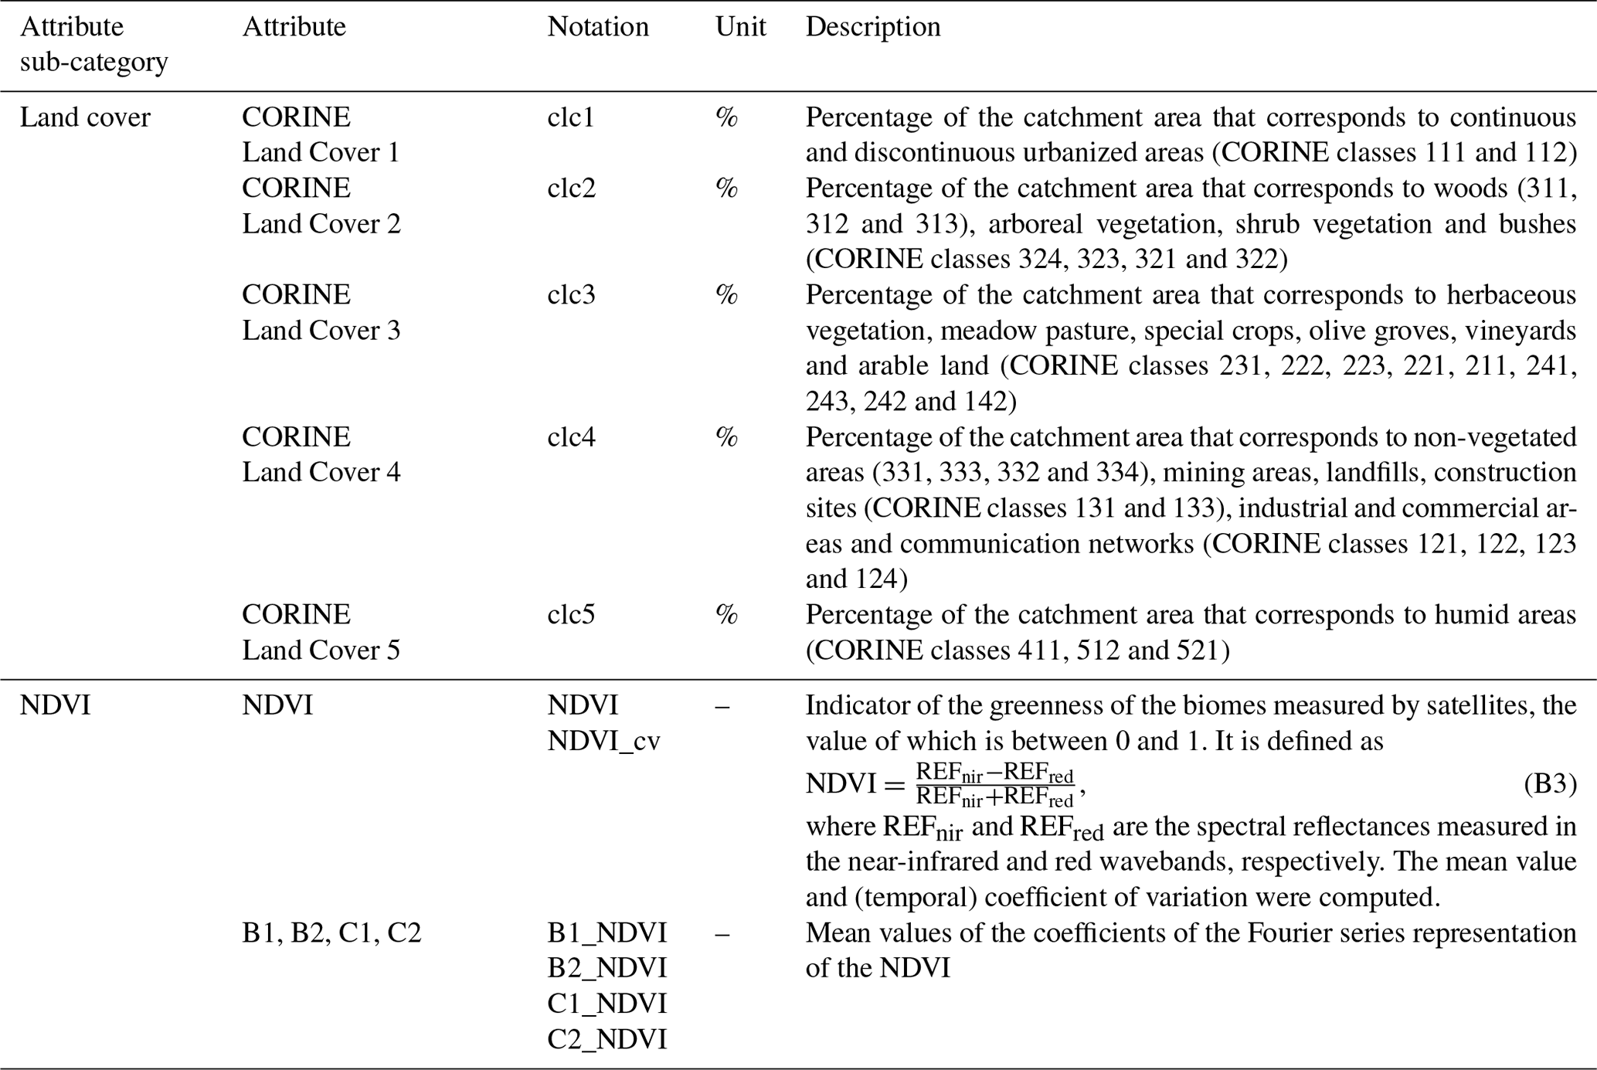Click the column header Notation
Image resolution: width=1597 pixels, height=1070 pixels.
pos(597,27)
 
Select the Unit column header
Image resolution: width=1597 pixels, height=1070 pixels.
pos(739,27)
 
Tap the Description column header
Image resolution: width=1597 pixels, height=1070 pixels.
pos(872,27)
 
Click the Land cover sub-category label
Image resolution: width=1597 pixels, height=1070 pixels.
pos(85,117)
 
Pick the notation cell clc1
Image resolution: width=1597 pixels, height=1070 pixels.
pos(571,117)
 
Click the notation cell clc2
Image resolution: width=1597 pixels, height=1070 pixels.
pos(571,189)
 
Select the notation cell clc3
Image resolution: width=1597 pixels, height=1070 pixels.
pos(571,295)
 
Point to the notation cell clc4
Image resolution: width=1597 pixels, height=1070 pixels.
pos(571,437)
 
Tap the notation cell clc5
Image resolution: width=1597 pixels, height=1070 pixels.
pos(571,615)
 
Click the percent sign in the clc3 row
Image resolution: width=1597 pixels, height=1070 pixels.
pos(726,295)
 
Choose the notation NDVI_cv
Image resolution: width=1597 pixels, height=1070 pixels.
pos(603,742)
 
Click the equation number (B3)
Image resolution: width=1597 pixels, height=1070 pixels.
pos(1549,784)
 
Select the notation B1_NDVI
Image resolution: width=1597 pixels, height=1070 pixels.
pos(607,933)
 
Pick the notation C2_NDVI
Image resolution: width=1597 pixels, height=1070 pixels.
pos(607,1040)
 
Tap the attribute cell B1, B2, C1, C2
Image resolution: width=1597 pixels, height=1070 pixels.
pos(331,933)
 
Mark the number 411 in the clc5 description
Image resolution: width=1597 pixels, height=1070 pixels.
pos(1038,650)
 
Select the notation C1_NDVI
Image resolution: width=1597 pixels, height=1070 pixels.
pos(607,1004)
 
